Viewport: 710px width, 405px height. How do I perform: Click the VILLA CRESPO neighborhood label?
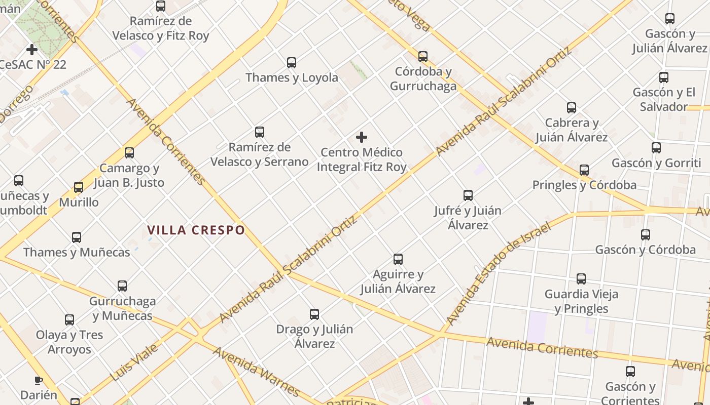pyautogui.click(x=196, y=230)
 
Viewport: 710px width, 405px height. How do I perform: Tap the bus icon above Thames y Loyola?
pyautogui.click(x=292, y=63)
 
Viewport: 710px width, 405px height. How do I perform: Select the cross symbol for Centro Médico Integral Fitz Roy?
pyautogui.click(x=362, y=137)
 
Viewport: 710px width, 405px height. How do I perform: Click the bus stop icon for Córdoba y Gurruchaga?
pyautogui.click(x=423, y=57)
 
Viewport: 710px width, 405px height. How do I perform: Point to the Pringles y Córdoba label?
pyautogui.click(x=584, y=185)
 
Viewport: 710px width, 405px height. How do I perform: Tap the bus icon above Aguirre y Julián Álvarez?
pyautogui.click(x=398, y=259)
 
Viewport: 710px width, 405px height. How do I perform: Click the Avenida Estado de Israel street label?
pyautogui.click(x=499, y=273)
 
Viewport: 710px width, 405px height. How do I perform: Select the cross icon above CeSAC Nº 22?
pyautogui.click(x=32, y=50)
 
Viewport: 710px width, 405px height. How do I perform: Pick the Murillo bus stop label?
pyautogui.click(x=79, y=202)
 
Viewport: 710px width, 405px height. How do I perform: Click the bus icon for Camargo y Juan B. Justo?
pyautogui.click(x=129, y=153)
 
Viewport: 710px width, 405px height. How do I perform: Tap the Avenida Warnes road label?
pyautogui.click(x=256, y=372)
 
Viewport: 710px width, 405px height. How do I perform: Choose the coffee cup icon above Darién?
pyautogui.click(x=38, y=380)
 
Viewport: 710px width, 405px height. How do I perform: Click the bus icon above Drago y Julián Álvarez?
pyautogui.click(x=314, y=314)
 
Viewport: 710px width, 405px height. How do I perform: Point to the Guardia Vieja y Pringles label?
pyautogui.click(x=581, y=301)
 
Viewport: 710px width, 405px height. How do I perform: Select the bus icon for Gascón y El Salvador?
pyautogui.click(x=664, y=77)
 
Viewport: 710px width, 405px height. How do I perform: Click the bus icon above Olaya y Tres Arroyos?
pyautogui.click(x=69, y=320)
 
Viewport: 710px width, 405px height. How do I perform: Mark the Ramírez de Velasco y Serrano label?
pyautogui.click(x=259, y=154)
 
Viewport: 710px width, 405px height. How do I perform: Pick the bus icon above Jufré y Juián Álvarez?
pyautogui.click(x=468, y=195)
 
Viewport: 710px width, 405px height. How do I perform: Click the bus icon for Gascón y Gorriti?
pyautogui.click(x=656, y=148)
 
